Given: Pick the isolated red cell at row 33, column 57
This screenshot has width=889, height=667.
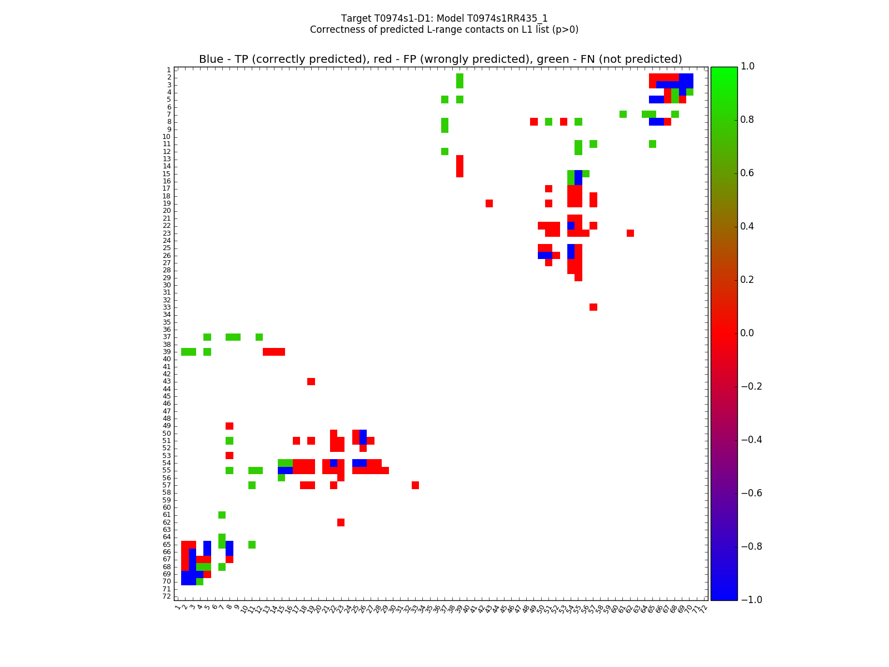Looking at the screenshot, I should [593, 307].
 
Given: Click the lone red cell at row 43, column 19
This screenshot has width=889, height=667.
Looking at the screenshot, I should [311, 381].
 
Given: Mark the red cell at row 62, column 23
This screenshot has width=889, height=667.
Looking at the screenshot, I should [341, 522].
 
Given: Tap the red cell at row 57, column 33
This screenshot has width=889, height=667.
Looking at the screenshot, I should [415, 485].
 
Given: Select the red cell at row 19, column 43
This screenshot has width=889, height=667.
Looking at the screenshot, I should [489, 203].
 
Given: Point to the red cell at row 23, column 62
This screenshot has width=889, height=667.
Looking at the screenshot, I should [630, 233].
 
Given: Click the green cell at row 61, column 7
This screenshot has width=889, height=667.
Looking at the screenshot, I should [222, 515].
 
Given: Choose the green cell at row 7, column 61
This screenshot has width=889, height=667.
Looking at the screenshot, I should [623, 115].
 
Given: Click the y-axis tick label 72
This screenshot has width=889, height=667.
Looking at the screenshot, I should [167, 596].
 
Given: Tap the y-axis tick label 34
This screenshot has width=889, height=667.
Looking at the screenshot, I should [167, 315].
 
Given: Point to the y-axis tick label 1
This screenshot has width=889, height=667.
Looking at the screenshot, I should [168, 70].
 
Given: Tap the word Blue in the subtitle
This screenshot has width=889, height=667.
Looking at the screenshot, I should [211, 59].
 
